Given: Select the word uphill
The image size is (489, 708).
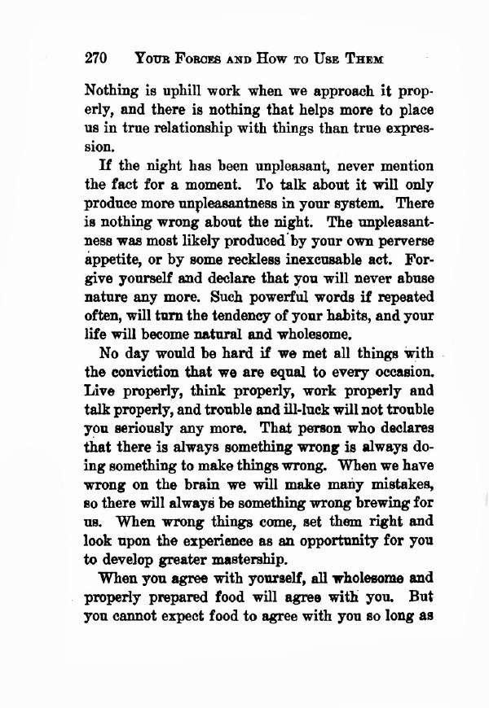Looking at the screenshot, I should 181,90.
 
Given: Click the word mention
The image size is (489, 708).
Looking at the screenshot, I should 404,168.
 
